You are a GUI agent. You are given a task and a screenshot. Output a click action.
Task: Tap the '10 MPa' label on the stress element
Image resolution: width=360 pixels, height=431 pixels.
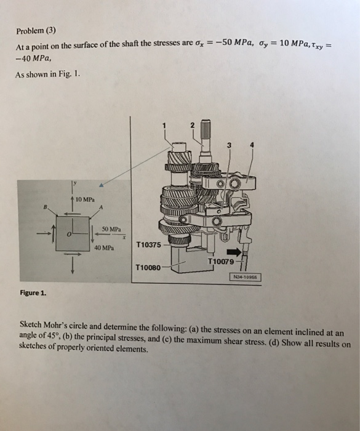click(x=84, y=199)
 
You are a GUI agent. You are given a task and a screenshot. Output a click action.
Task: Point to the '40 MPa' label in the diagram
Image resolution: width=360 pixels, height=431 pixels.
click(x=104, y=248)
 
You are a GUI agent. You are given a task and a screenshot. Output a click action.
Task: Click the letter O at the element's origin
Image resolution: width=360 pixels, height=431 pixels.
click(x=70, y=233)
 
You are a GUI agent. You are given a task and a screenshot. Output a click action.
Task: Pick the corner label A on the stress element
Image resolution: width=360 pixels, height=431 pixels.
click(x=100, y=207)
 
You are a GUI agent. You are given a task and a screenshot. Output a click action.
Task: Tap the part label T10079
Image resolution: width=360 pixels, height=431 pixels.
click(x=220, y=262)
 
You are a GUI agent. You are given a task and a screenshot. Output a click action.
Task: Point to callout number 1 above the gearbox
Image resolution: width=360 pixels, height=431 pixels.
click(x=164, y=127)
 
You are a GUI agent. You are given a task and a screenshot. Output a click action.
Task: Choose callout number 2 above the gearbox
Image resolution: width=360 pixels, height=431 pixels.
click(x=192, y=125)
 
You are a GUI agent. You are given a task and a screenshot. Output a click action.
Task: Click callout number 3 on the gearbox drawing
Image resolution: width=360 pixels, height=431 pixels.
click(x=230, y=146)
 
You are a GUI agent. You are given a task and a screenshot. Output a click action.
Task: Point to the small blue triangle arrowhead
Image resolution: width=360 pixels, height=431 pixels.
click(x=100, y=183)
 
